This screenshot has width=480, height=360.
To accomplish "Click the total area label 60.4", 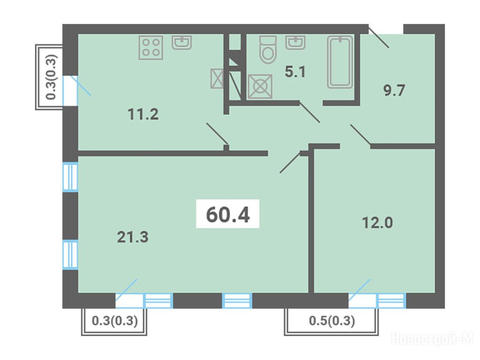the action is (x=228, y=214).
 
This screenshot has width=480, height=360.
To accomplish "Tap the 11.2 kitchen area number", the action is (x=143, y=114).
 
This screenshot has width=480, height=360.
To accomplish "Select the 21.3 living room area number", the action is (x=133, y=237).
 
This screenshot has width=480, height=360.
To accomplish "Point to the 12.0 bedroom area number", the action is (x=377, y=223).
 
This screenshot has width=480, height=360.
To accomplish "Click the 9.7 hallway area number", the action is (x=394, y=90).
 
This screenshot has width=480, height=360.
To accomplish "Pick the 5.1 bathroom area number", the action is (x=295, y=72).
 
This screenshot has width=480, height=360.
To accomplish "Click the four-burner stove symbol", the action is (x=150, y=47).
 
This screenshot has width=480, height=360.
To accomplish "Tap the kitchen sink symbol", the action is (x=182, y=43).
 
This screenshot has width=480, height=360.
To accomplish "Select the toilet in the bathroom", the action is (x=268, y=49).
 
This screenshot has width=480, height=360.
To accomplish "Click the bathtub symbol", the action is (x=340, y=62).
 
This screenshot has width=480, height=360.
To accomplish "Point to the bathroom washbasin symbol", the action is (x=295, y=42).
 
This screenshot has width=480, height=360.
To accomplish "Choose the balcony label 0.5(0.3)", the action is (x=332, y=321).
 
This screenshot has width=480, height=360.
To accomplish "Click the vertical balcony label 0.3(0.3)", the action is (x=51, y=77).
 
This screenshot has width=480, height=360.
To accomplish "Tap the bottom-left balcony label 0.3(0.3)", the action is (x=115, y=321).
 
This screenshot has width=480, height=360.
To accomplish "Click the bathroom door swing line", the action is (x=309, y=112).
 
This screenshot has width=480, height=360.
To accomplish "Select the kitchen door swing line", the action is (x=217, y=134).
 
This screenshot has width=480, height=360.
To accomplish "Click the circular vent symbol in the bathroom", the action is (x=260, y=87).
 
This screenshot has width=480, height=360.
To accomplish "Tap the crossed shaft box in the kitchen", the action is (x=217, y=79).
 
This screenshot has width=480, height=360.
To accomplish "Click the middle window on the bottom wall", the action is (x=237, y=300).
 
